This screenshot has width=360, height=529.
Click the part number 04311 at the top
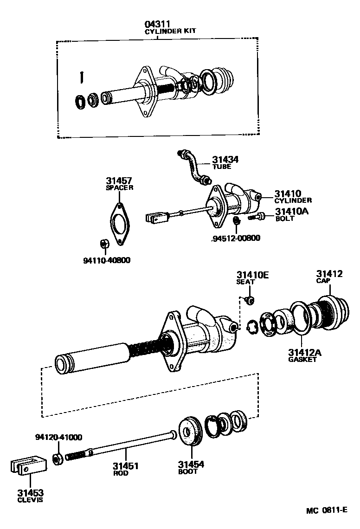click(158, 24)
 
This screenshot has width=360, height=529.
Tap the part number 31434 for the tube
click(225, 159)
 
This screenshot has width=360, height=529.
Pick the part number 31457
click(119, 181)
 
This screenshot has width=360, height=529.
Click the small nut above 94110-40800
click(104, 244)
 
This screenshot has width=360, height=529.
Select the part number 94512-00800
click(236, 239)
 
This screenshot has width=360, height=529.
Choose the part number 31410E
click(252, 275)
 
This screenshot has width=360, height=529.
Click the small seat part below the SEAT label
click(250, 301)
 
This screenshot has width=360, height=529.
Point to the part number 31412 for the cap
click(329, 274)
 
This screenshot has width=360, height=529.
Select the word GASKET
click(302, 359)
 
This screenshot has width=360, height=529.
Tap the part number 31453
click(30, 492)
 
